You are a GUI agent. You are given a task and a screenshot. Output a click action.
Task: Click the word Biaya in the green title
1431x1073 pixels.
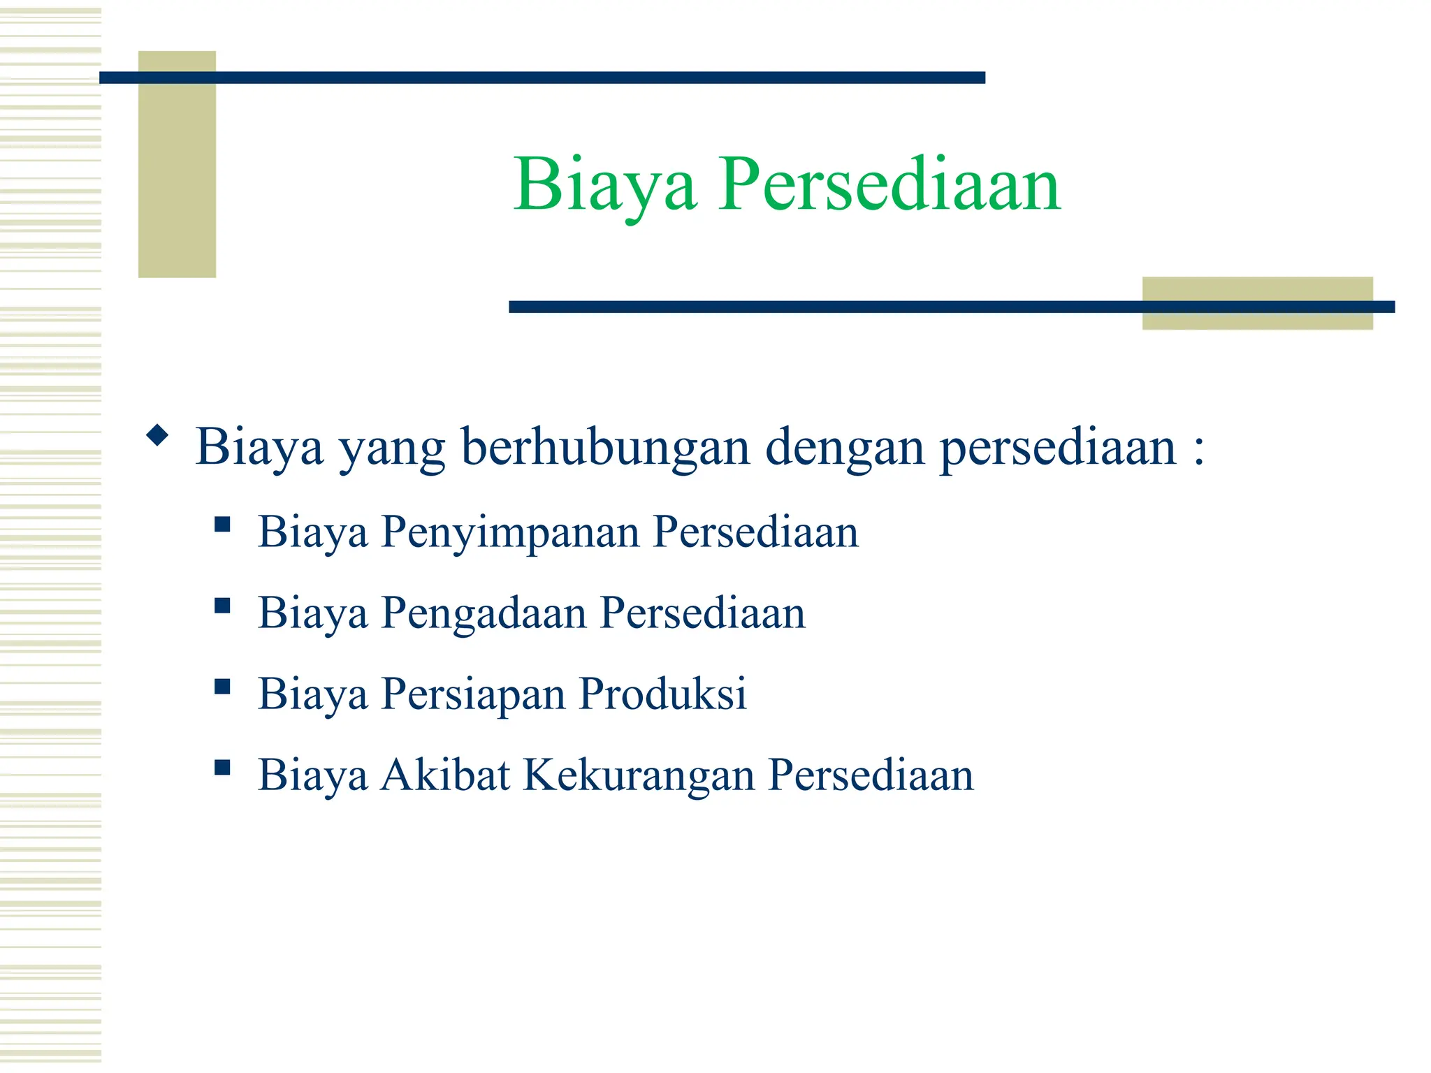pos(605,185)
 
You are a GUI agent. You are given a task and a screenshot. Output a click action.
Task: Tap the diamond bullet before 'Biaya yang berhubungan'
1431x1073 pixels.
pos(158,436)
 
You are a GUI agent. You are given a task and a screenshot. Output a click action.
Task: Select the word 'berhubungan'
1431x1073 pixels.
pos(605,447)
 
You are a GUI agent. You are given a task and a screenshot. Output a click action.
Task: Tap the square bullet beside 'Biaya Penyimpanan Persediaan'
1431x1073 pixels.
pos(222,524)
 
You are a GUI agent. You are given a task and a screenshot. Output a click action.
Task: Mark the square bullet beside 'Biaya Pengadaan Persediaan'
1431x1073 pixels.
pos(222,605)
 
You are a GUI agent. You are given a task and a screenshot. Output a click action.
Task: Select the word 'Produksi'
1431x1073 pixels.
pos(662,694)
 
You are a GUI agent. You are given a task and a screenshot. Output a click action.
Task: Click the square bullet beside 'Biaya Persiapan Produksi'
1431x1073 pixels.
pos(222,686)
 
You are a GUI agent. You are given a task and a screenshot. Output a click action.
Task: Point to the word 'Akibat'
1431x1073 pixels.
pos(445,775)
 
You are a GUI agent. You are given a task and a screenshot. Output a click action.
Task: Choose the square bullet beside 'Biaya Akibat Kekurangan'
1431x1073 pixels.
pos(222,768)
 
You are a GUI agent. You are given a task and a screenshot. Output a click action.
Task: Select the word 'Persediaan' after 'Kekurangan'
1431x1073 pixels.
pos(871,775)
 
